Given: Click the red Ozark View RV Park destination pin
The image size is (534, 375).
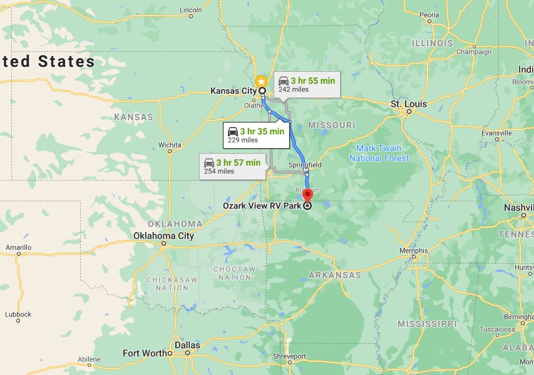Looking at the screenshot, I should [307, 195].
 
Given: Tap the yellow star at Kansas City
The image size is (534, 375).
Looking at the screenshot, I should [261, 81].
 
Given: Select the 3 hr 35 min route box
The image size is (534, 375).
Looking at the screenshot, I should [255, 135].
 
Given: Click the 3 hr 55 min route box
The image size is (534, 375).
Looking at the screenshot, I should [307, 84].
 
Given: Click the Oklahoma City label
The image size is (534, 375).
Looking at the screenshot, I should [163, 236].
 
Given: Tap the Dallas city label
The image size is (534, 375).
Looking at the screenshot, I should [188, 345].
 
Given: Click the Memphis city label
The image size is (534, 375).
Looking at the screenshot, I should [413, 251].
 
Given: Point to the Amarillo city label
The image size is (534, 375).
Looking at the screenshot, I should [18, 247].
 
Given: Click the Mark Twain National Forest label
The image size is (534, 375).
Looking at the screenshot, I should [379, 153].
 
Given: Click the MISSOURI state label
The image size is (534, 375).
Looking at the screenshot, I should [332, 125].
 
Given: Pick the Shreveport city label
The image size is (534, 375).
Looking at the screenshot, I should [289, 356].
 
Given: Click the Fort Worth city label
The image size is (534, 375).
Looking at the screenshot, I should [145, 353].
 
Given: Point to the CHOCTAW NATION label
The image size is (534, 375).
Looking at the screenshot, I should [235, 272].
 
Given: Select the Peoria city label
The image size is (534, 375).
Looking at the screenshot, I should [429, 14].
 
